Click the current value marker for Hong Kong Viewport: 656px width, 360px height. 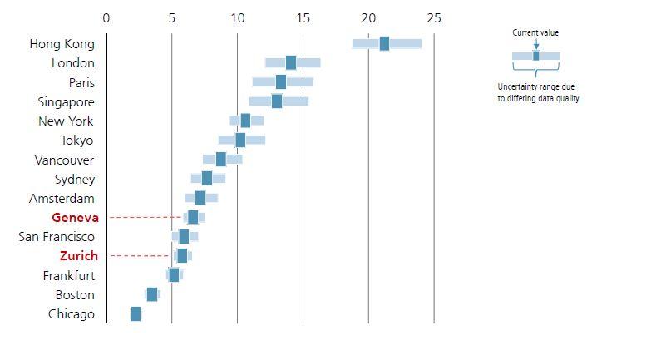tap(384, 43)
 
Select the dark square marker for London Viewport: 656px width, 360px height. tap(291, 62)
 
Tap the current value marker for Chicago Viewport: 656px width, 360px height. tap(136, 313)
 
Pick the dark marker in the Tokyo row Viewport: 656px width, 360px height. tap(240, 140)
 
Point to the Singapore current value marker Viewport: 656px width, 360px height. tap(277, 101)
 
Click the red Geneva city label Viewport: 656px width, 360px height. tap(75, 218)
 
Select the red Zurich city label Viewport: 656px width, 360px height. tap(78, 256)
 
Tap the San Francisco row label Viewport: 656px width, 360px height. tap(57, 237)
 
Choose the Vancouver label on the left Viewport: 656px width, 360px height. tap(64, 160)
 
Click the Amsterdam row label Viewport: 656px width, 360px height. tap(62, 199)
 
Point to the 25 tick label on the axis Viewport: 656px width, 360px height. tap(434, 18)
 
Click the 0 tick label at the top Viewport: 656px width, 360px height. tap(106, 18)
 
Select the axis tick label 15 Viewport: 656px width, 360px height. tap(303, 18)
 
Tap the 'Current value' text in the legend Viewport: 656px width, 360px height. tap(535, 33)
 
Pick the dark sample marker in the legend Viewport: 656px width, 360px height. tap(536, 56)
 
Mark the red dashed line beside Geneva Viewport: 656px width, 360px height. tap(145, 218)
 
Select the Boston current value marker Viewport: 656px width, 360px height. tap(152, 294)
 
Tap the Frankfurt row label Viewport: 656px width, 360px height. tap(69, 275)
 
